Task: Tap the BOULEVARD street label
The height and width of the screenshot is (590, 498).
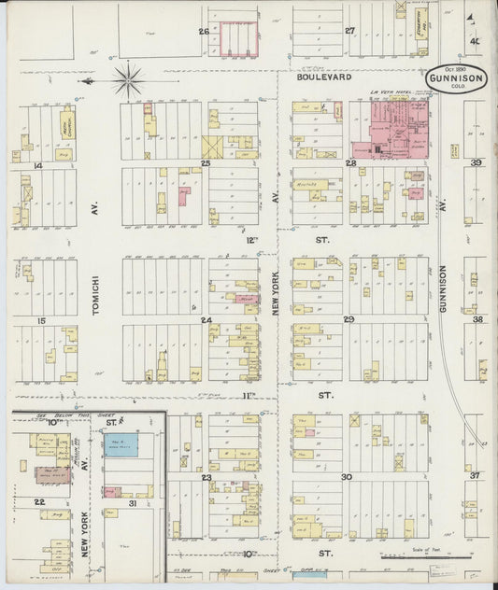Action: (x=324, y=78)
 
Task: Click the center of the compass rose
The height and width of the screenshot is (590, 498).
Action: (x=128, y=79)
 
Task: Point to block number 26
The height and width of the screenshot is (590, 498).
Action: (x=203, y=31)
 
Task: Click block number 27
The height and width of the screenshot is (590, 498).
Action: (x=350, y=31)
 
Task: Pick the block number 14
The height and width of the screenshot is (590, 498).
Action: (x=38, y=166)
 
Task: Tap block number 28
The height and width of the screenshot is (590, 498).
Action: (x=350, y=163)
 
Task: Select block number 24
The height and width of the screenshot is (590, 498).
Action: (x=205, y=320)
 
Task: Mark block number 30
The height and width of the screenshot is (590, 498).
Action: (x=346, y=477)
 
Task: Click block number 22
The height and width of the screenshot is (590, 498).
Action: (x=39, y=501)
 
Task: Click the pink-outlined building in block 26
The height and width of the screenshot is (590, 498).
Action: (x=239, y=37)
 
